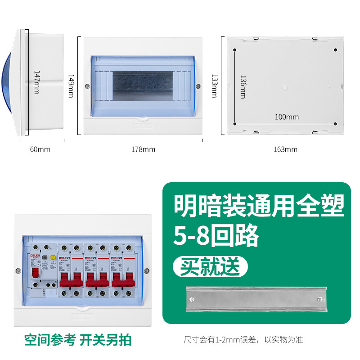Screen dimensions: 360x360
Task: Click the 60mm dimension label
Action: click(x=40, y=149)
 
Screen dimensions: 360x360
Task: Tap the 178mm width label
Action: click(x=143, y=149)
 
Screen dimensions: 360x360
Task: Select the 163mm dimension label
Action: click(x=285, y=149)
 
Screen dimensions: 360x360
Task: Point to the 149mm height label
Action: click(x=71, y=85)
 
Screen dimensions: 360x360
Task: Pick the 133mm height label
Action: click(x=214, y=85)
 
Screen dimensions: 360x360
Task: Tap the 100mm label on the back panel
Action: click(x=287, y=117)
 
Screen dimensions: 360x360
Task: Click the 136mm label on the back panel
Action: click(x=243, y=87)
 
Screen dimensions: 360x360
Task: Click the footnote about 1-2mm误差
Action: click(x=243, y=340)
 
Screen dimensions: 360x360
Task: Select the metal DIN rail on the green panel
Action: click(x=257, y=299)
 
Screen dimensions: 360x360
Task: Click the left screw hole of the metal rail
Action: click(x=193, y=299)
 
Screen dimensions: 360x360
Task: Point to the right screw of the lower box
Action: click(x=146, y=271)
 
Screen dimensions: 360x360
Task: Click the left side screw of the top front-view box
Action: click(x=86, y=85)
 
